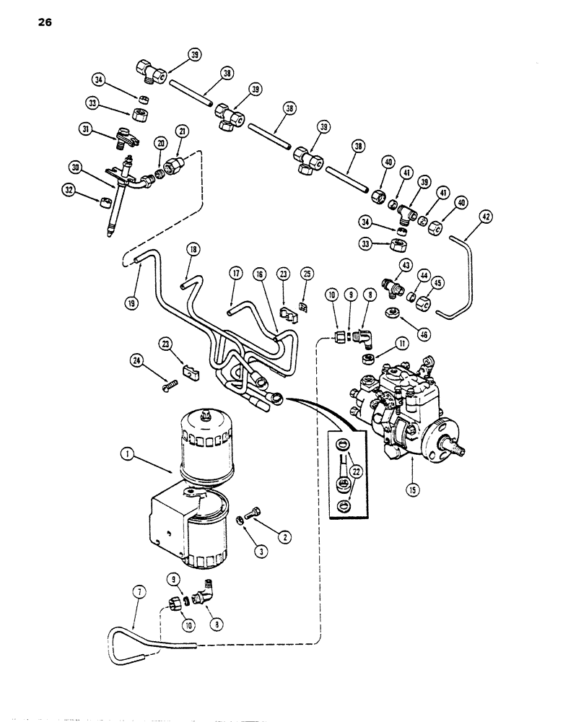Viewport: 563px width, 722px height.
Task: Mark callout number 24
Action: pyautogui.click(x=136, y=359)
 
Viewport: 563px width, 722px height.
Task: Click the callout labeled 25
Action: pyautogui.click(x=309, y=275)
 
